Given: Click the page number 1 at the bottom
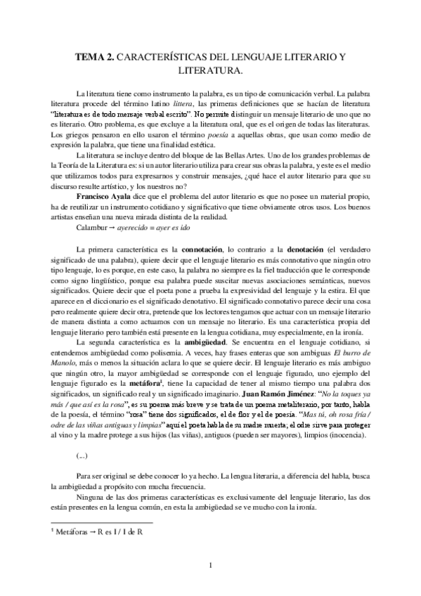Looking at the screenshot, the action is (x=210, y=564).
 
